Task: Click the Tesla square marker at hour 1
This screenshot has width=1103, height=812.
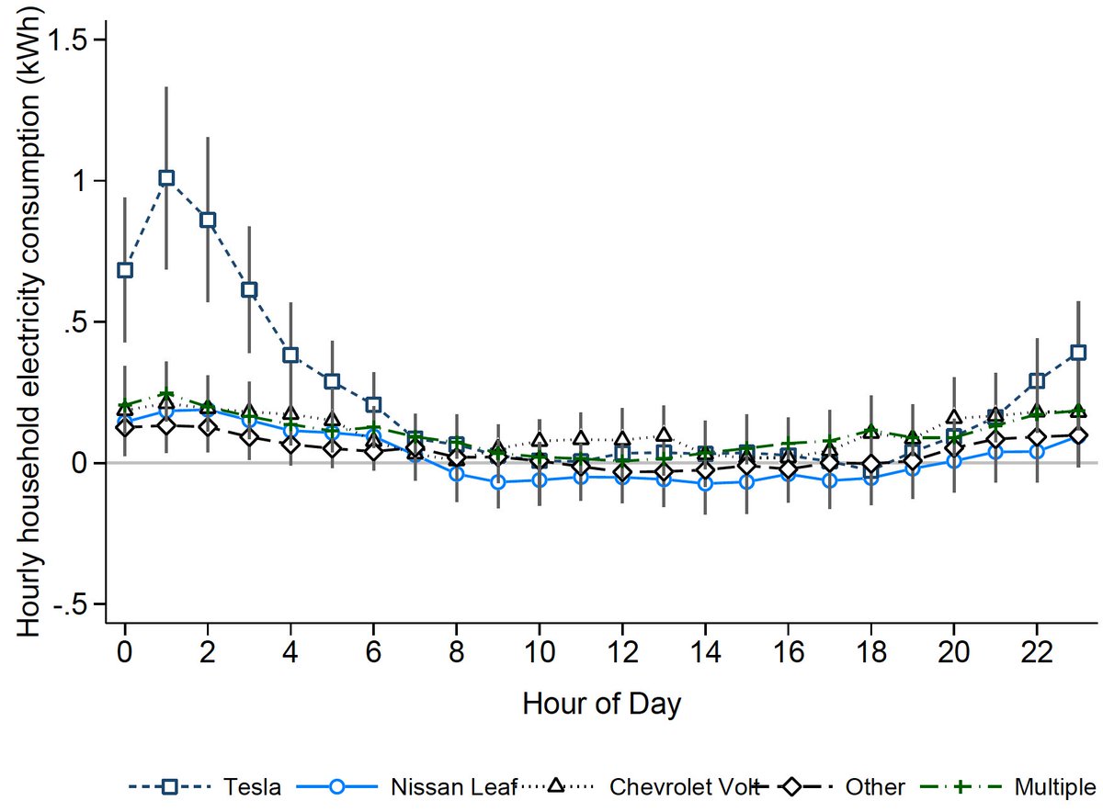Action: click(166, 178)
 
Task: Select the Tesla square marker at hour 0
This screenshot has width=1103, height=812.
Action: click(125, 270)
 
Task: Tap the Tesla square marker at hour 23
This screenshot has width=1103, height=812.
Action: click(1078, 353)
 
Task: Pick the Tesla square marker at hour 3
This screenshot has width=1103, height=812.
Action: click(249, 290)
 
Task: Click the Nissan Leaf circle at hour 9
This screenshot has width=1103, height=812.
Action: click(498, 481)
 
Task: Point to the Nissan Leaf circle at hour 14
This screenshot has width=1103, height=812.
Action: click(705, 483)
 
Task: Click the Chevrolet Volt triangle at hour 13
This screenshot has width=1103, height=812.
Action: click(664, 434)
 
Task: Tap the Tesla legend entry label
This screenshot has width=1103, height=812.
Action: click(256, 786)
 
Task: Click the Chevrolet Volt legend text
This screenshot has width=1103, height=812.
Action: click(677, 786)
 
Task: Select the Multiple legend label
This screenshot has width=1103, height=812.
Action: click(1054, 786)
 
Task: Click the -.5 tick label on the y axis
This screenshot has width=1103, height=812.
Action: click(75, 604)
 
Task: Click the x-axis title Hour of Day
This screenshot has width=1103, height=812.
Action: click(601, 705)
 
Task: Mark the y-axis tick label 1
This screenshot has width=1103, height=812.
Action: click(85, 181)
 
